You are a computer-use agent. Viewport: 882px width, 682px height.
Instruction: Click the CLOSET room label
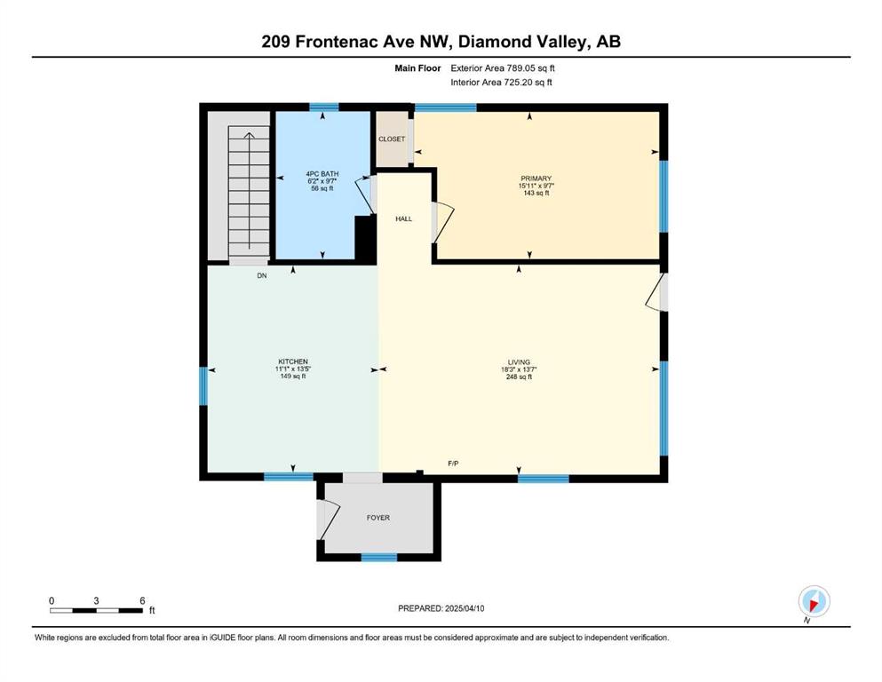(x=392, y=139)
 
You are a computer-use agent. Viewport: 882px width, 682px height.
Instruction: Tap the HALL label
(x=404, y=218)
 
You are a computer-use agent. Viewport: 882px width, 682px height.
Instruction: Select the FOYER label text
(x=378, y=518)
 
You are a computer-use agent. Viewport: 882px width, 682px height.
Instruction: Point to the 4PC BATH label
(x=322, y=174)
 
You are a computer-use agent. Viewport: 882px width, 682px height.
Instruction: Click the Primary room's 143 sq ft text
(x=536, y=193)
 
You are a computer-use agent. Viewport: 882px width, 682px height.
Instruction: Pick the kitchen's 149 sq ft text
(x=293, y=377)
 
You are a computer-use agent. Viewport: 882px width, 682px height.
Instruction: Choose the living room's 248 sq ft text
(x=519, y=377)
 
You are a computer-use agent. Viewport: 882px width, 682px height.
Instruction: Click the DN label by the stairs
(x=262, y=276)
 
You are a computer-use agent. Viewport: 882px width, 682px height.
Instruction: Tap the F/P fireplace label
(x=453, y=464)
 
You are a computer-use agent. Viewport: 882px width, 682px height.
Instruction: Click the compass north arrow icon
(x=814, y=601)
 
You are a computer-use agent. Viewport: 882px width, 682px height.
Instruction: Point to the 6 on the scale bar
(x=142, y=600)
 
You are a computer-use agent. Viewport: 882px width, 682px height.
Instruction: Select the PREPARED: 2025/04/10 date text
(x=441, y=608)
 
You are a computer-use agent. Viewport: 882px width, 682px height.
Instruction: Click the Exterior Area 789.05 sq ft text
(x=503, y=68)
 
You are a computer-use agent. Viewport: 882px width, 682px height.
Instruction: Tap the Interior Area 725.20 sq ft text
(x=501, y=82)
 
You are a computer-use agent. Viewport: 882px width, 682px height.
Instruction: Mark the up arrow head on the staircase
(x=249, y=134)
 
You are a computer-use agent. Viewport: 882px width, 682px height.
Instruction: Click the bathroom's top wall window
(x=324, y=107)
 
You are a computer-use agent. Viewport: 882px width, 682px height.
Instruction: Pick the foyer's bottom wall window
(x=379, y=557)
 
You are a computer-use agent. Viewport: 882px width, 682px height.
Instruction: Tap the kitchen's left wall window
(x=203, y=385)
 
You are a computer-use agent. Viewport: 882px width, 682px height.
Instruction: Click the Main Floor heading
(x=417, y=68)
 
